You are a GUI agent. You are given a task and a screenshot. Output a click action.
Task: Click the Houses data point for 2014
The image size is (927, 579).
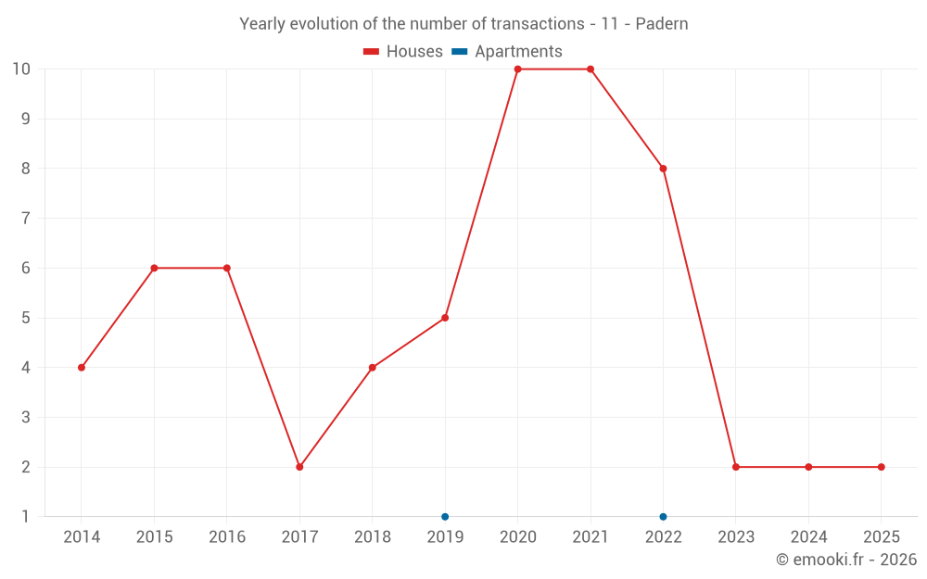82,368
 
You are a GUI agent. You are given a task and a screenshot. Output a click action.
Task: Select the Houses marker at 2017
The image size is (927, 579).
299,467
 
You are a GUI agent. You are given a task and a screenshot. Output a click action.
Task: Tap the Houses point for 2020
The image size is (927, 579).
517,69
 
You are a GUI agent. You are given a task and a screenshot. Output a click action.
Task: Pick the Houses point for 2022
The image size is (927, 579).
663,169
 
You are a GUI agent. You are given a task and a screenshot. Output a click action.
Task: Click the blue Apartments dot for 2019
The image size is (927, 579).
445,517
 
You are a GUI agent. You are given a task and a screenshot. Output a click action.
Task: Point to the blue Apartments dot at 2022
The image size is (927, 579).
663,517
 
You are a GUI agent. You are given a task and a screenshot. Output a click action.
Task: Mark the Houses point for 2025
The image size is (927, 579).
881,467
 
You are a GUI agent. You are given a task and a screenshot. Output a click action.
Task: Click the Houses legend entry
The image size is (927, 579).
403,52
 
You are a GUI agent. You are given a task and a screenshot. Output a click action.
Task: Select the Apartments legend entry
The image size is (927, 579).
507,52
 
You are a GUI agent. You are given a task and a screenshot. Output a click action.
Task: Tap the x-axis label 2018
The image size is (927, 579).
372,537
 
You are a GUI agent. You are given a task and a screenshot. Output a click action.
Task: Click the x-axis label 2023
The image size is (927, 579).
735,537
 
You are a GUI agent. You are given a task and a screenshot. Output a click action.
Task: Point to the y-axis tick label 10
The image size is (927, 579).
21,69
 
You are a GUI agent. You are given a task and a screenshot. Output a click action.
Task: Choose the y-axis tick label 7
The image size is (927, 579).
25,219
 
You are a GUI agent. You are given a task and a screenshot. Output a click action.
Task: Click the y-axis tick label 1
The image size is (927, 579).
25,517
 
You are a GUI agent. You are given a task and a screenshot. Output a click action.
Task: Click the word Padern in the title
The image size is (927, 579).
662,24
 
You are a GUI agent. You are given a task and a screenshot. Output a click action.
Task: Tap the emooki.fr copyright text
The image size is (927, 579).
846,560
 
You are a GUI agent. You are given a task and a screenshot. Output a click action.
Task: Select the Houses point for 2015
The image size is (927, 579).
154,268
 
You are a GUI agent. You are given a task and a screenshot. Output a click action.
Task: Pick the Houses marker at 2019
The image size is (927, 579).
445,318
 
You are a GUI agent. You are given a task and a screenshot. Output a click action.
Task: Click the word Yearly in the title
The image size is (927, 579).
262,24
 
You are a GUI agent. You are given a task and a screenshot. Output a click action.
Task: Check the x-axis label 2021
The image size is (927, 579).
590,537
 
